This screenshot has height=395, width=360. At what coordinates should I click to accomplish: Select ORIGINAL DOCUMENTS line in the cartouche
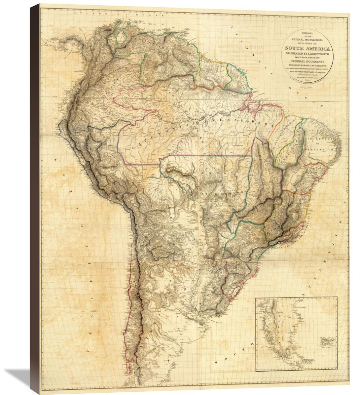(x=308, y=62)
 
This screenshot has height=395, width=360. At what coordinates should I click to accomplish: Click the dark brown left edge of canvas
(x=34, y=197)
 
